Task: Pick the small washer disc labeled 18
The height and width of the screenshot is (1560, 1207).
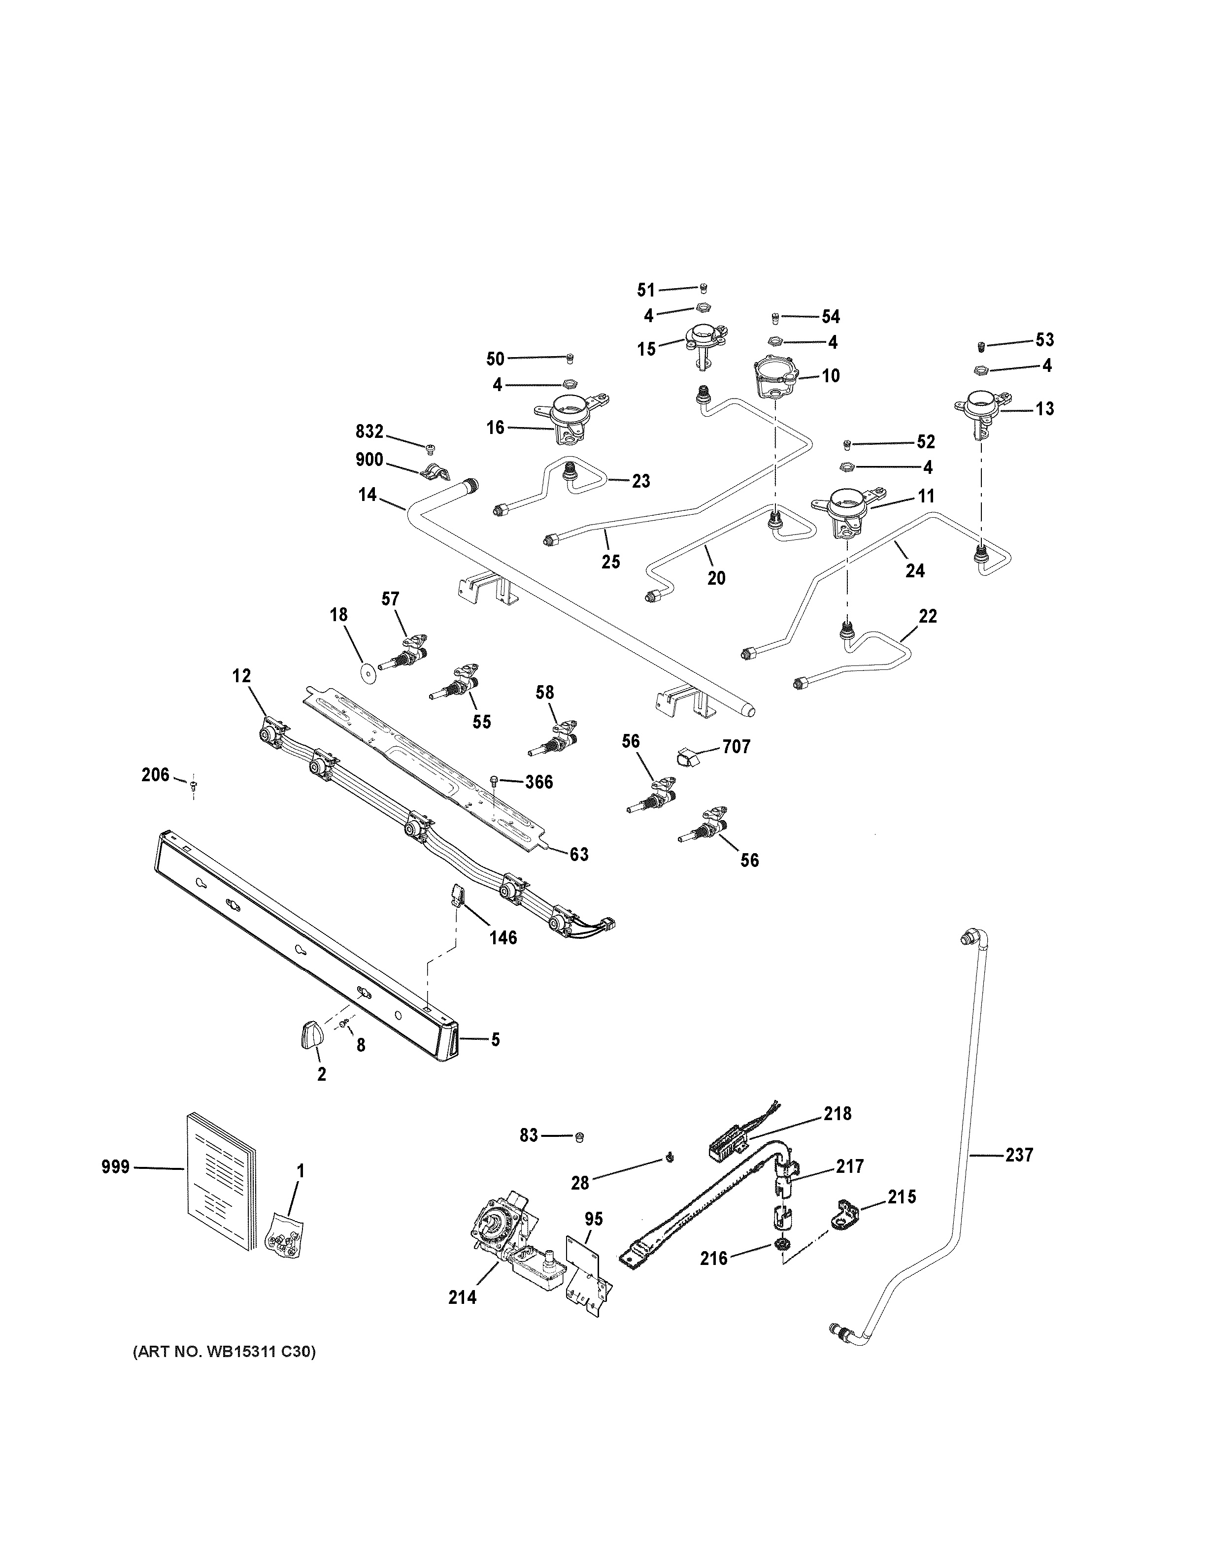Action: [x=369, y=673]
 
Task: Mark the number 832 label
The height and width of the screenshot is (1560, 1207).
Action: [x=369, y=431]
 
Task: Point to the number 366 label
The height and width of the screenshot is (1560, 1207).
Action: [x=539, y=782]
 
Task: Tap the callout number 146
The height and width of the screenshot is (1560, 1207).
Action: [x=503, y=937]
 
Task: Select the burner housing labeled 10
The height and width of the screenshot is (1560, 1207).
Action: [x=775, y=376]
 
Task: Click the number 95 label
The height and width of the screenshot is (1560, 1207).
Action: [x=594, y=1219]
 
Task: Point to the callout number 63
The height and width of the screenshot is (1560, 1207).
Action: [x=578, y=854]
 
